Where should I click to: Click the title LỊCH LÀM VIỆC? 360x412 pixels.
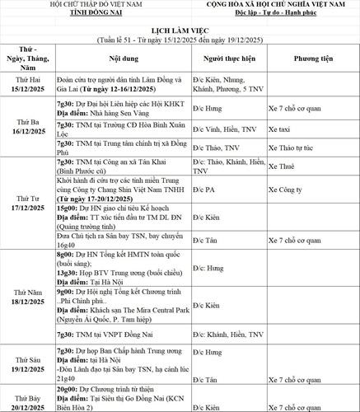[180, 28]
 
